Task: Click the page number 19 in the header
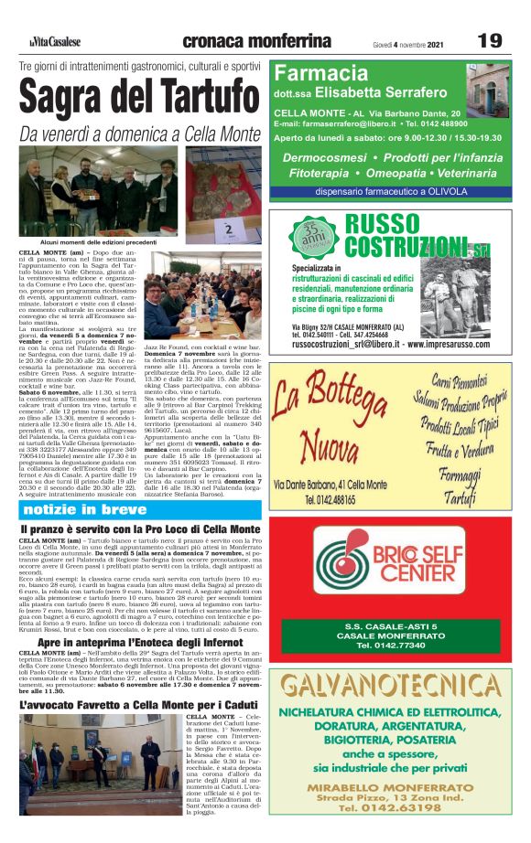490,41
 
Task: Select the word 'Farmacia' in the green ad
320,73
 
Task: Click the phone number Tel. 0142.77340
391,645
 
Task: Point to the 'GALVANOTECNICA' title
391,685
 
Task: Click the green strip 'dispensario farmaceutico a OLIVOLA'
391,192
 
